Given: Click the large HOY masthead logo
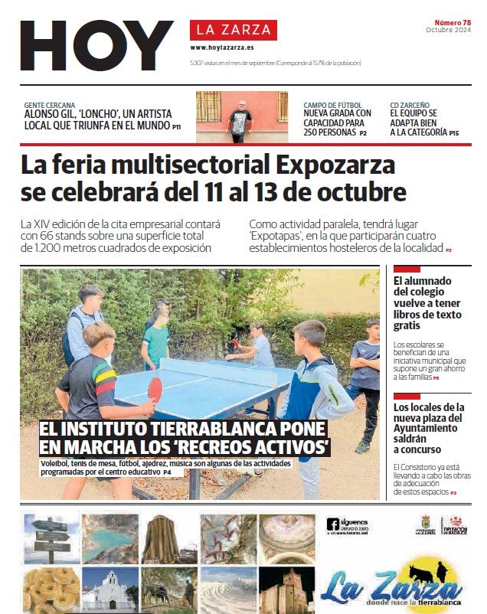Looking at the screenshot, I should click(96, 46).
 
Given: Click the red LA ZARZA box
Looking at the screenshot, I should click(234, 30).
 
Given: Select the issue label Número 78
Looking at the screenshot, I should click(452, 22).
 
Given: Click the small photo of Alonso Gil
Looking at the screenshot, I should click(240, 117).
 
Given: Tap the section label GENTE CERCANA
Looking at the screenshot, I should click(50, 104).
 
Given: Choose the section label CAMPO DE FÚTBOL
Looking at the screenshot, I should click(334, 104).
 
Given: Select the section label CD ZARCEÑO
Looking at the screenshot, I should click(410, 104).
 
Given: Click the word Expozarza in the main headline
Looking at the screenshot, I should click(335, 165).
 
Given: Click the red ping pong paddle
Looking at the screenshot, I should click(155, 389).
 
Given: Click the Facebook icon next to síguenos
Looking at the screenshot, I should click(333, 524).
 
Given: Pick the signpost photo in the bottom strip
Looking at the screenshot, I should click(51, 537).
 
